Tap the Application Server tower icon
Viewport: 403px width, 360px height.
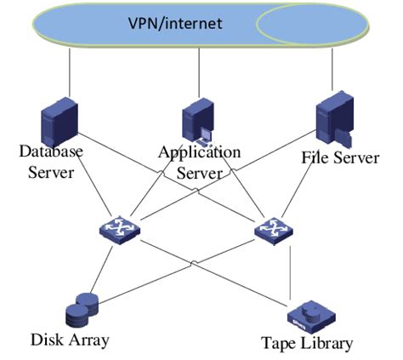199,122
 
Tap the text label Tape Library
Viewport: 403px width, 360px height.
306,344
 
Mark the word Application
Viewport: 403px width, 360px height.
199,152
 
